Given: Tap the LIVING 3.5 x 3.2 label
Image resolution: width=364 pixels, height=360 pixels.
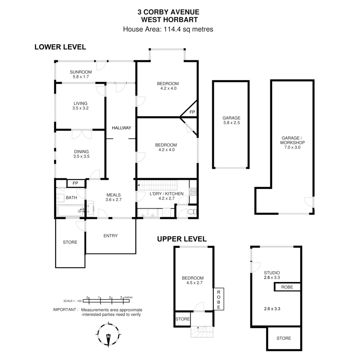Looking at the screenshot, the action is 80,106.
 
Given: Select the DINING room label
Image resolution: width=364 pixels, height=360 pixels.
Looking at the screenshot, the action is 81,154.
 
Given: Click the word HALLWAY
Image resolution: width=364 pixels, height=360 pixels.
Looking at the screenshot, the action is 121,128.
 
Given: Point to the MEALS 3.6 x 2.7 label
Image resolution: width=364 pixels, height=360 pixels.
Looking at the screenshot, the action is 113,197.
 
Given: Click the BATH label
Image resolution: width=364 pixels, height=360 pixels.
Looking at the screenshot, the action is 71,198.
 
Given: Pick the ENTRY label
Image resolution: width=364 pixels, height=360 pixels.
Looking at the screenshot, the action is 111,236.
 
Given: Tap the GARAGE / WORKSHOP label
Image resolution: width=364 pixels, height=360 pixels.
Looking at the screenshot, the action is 293,142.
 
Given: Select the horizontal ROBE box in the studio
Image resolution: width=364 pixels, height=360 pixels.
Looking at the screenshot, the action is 287,287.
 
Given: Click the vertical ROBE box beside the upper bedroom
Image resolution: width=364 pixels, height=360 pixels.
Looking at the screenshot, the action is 219,299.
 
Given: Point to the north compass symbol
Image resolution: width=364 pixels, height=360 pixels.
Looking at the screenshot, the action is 108,335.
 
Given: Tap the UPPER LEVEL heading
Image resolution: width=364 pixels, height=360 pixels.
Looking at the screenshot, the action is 182,239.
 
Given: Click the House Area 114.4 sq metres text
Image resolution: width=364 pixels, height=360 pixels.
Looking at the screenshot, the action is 168,29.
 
